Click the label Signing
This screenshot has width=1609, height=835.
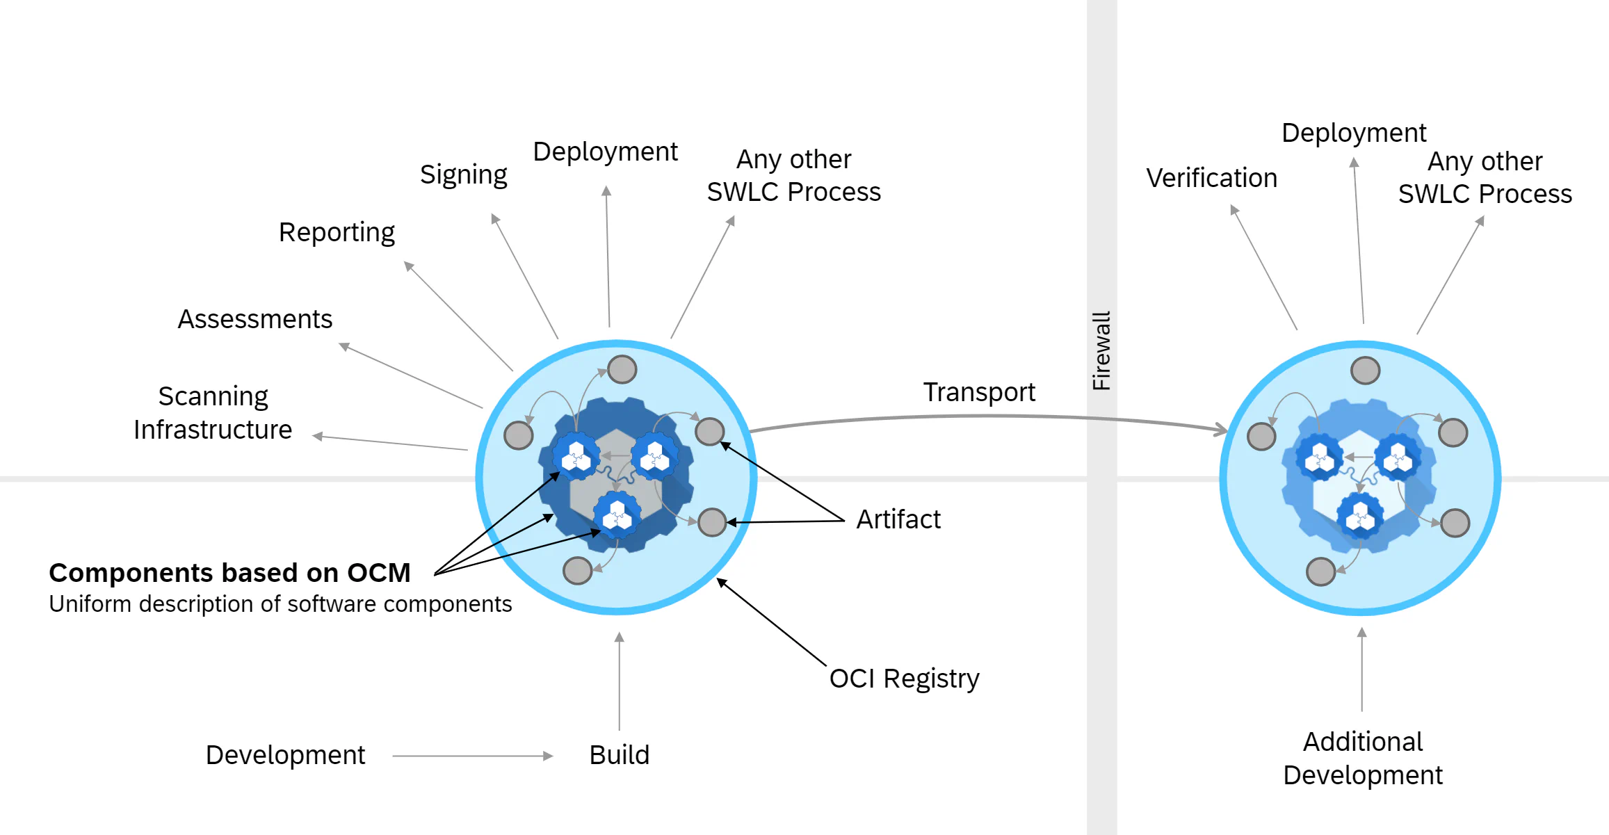click(x=463, y=175)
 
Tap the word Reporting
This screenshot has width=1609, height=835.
click(x=337, y=233)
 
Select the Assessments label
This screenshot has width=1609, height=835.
click(x=255, y=320)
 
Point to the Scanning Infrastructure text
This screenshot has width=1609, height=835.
click(x=213, y=413)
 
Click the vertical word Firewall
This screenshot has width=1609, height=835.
click(x=1101, y=350)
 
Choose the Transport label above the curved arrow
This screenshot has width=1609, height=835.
click(x=979, y=393)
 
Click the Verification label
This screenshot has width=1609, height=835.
click(x=1211, y=179)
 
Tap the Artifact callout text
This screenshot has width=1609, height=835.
click(x=898, y=520)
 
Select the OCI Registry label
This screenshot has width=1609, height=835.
click(x=904, y=679)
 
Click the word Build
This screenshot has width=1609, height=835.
click(x=619, y=756)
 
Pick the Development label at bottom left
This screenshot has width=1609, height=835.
click(x=285, y=756)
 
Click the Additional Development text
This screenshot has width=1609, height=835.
click(x=1362, y=759)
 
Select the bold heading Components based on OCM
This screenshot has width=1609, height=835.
click(x=229, y=574)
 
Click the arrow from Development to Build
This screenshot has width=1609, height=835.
click(x=472, y=756)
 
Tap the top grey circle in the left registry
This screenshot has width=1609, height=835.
click(x=622, y=369)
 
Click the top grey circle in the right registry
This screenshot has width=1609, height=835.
click(x=1365, y=371)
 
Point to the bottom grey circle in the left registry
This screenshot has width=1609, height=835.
click(x=577, y=571)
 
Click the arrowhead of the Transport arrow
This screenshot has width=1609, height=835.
click(x=1220, y=430)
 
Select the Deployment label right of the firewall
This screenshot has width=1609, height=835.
click(x=1353, y=133)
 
